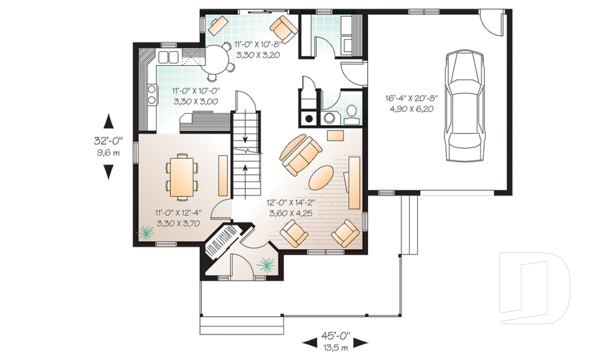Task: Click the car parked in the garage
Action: tap(465, 106)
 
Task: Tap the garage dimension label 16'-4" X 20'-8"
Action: tap(411, 99)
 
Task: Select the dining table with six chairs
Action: tap(182, 177)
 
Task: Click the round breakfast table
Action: tap(218, 59)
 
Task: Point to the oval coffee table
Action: tap(321, 178)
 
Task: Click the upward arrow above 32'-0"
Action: tap(109, 121)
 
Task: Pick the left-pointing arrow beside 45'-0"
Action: tap(309, 342)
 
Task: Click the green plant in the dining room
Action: tap(146, 232)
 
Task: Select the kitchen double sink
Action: tap(168, 58)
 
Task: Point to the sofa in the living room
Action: tap(301, 154)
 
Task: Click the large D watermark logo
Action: tap(535, 288)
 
